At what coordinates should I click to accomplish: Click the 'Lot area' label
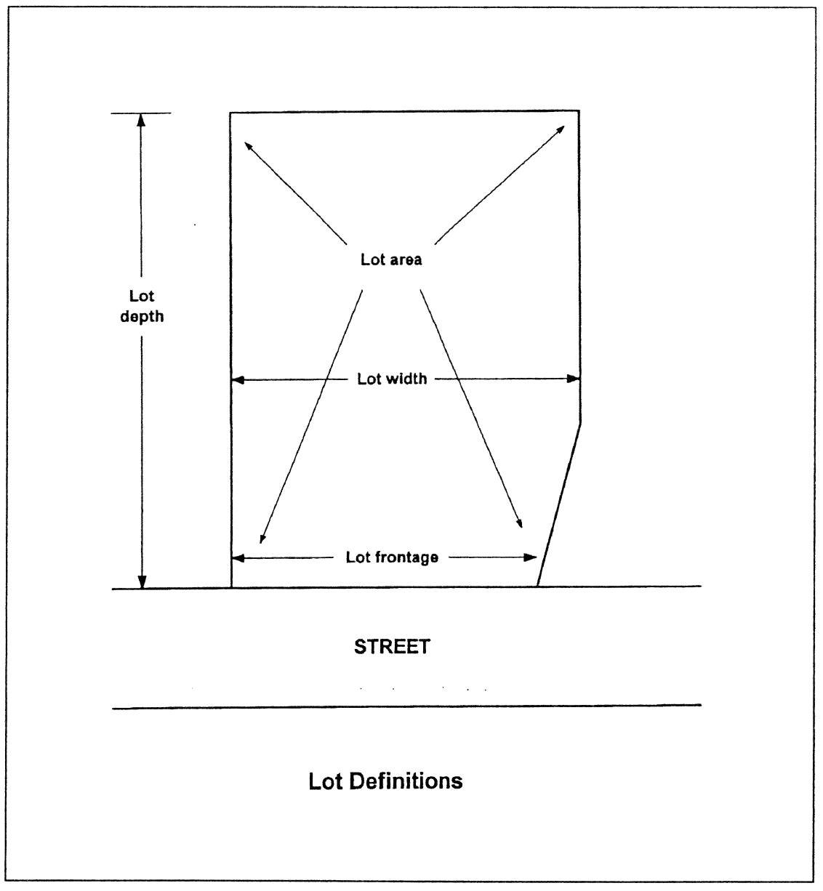click(391, 259)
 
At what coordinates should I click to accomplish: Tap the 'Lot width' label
click(392, 379)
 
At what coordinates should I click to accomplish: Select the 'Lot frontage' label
click(392, 557)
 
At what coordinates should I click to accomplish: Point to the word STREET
click(392, 646)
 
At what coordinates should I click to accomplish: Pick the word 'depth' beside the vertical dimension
click(142, 317)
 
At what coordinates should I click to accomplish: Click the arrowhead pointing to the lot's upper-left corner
click(248, 144)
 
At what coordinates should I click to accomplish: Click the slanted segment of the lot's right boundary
click(558, 505)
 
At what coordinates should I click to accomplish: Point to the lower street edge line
click(407, 706)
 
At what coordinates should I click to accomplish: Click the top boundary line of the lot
click(404, 111)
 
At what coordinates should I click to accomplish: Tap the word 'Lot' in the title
click(326, 781)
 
